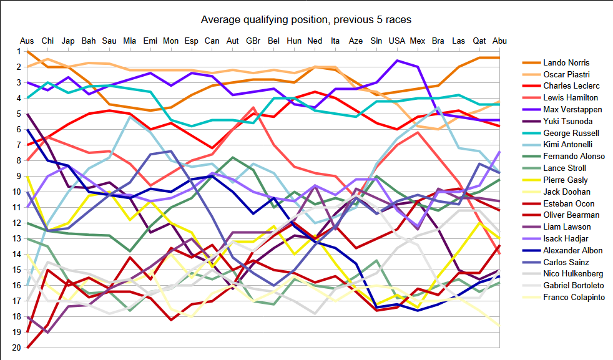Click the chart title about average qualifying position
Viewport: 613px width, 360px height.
(306, 19)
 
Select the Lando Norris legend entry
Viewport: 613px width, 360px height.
(566, 62)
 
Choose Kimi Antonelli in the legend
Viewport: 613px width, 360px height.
(568, 145)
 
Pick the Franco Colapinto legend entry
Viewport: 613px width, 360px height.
(574, 298)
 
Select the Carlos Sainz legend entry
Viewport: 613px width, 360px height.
(566, 262)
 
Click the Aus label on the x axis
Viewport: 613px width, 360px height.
(27, 41)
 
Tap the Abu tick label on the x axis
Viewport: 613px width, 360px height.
(500, 41)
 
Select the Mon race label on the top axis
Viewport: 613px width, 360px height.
(170, 41)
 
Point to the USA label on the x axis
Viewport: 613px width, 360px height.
(397, 41)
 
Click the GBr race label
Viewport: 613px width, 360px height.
(253, 41)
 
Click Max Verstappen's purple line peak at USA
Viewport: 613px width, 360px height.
(397, 61)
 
